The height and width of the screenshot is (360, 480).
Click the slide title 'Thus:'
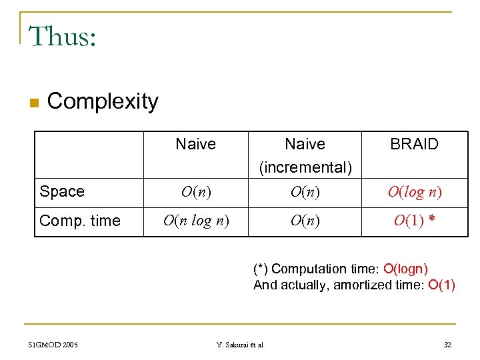point(63,37)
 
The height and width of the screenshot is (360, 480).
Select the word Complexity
point(103,101)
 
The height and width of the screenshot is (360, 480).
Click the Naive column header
point(195,144)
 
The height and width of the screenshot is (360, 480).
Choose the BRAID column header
point(414,144)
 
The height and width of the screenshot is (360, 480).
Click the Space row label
point(62,192)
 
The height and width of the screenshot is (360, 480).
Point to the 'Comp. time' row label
point(80,221)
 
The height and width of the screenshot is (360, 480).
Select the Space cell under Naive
point(196,193)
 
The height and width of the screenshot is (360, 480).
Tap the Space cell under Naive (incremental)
point(305,193)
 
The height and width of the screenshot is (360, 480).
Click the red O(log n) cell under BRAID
point(415,193)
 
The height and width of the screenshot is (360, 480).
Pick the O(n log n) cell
point(196,221)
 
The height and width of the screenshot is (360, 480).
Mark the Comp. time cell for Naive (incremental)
point(305,221)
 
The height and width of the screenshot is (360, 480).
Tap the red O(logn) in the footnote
point(405,269)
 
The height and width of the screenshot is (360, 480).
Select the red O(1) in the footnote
point(441,285)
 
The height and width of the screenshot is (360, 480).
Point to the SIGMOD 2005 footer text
point(53,345)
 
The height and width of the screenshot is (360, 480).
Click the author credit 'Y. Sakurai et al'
point(240,345)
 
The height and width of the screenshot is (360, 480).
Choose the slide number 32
point(447,345)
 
